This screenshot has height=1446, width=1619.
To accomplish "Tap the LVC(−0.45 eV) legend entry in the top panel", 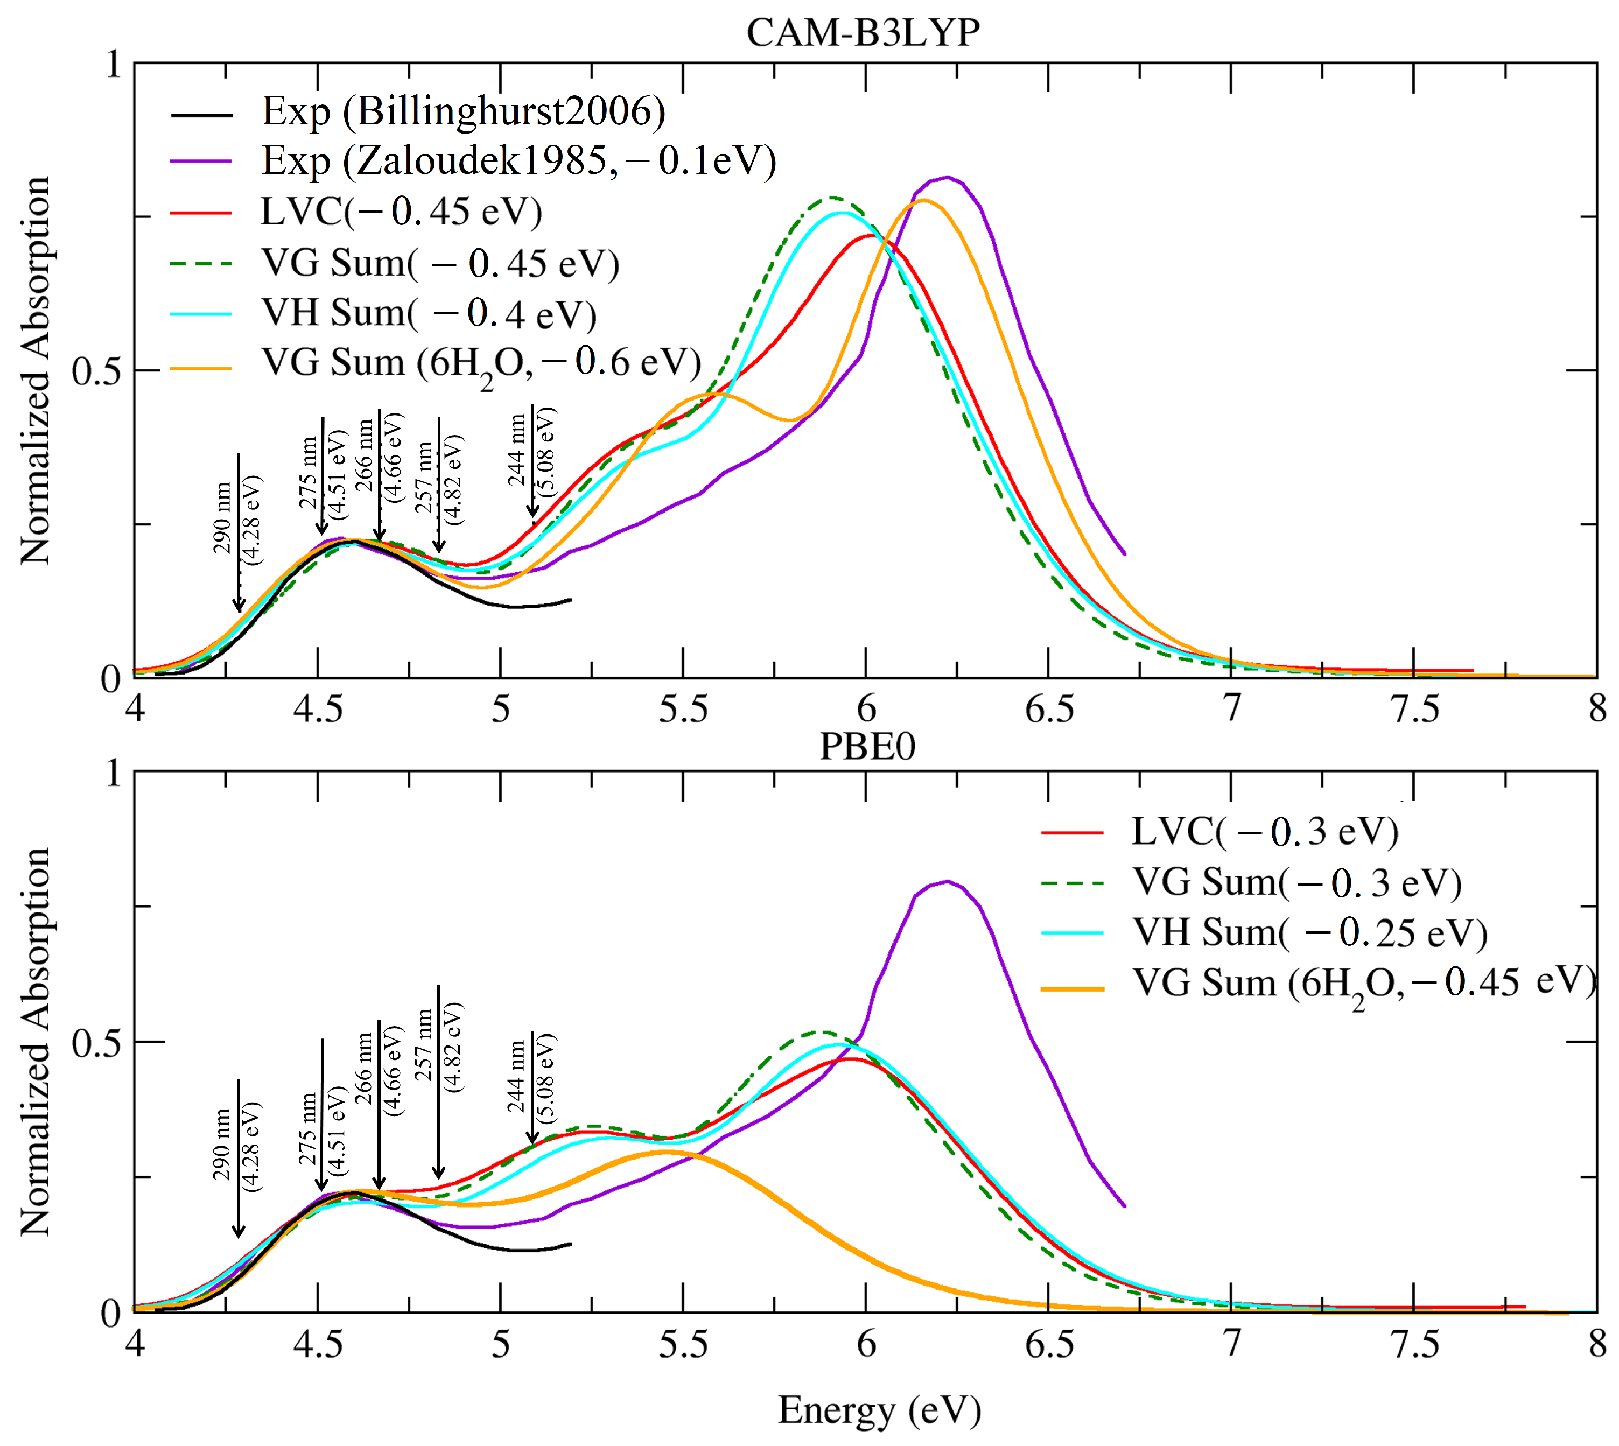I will click(401, 212).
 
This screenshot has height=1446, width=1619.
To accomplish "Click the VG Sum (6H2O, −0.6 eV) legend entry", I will click(481, 364).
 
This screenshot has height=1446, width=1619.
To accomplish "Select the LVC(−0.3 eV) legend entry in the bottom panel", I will click(1264, 832).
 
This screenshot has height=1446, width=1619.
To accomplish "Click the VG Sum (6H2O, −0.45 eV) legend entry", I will click(1362, 984).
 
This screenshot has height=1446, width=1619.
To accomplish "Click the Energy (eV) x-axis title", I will click(879, 1410).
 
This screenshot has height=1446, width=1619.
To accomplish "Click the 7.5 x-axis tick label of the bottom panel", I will click(1414, 1345).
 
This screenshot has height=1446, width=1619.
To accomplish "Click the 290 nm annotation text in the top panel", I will click(222, 518).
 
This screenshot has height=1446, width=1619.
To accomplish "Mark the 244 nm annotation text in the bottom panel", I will click(516, 1077).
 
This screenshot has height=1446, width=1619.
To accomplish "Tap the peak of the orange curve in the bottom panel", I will click(665, 1151).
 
